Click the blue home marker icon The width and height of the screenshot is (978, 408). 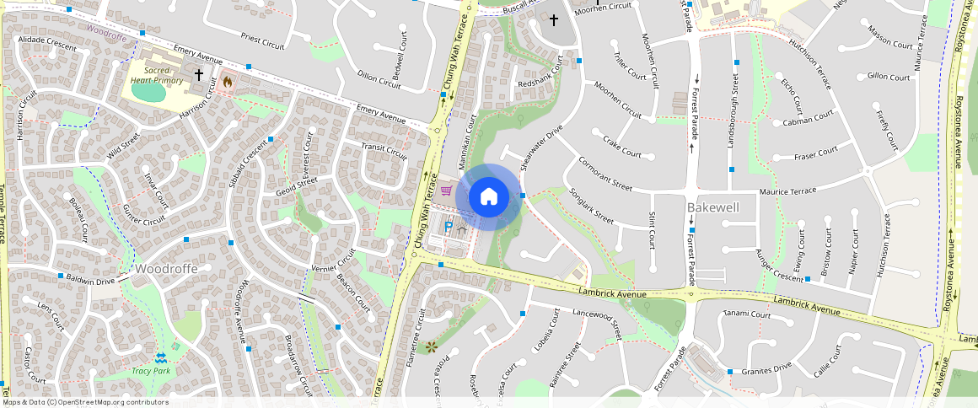488,197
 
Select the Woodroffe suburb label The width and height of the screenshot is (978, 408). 166,269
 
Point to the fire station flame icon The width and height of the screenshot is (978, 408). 226,83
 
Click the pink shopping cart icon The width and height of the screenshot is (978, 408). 445,190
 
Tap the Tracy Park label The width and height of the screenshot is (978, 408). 151,371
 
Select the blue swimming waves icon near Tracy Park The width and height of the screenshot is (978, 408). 160,357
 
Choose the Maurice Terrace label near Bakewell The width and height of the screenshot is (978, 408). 787,191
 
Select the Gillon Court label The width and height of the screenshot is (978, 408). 889,77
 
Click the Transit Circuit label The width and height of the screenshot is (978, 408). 383,151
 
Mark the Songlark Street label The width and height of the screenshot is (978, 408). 593,206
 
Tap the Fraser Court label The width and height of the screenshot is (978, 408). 815,153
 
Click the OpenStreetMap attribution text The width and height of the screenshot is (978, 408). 85,402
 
